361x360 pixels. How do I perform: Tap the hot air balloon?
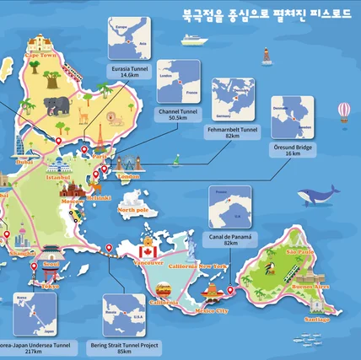click(x=343, y=111)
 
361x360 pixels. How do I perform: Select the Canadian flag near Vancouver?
click(x=148, y=250)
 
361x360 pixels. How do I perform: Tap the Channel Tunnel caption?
click(x=178, y=114)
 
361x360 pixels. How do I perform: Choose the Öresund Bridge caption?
click(x=292, y=149)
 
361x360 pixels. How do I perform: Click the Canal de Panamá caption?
click(x=230, y=239)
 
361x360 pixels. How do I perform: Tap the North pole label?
click(x=133, y=209)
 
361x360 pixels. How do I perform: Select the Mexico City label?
click(x=211, y=310)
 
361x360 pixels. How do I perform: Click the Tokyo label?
click(x=50, y=287)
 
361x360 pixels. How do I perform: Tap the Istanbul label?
click(x=57, y=178)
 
